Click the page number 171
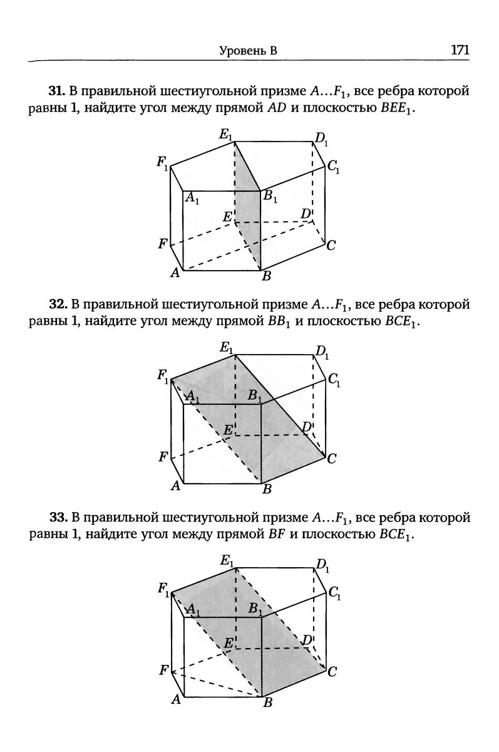460,50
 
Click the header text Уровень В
249,51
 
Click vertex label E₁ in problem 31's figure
226,135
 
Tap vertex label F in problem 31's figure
163,243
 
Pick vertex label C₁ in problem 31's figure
333,167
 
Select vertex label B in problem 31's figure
267,276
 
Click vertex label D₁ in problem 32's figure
322,352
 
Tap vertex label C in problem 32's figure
332,459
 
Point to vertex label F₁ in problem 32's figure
163,377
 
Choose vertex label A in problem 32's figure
176,486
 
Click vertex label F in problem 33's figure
163,670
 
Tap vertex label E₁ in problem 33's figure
227,561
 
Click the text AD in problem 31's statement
276,108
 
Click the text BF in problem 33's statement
276,535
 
